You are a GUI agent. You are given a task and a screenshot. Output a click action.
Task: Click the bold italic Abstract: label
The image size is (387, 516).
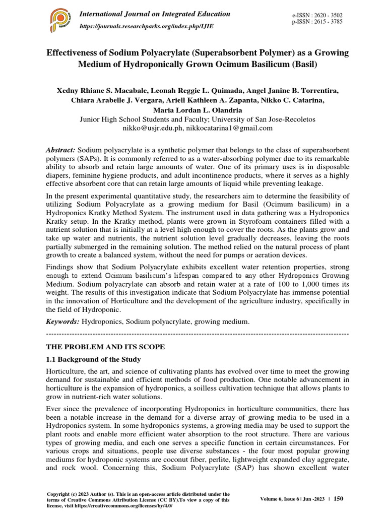(60, 151)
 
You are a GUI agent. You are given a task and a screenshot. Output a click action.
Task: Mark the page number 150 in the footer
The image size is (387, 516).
(338, 498)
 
